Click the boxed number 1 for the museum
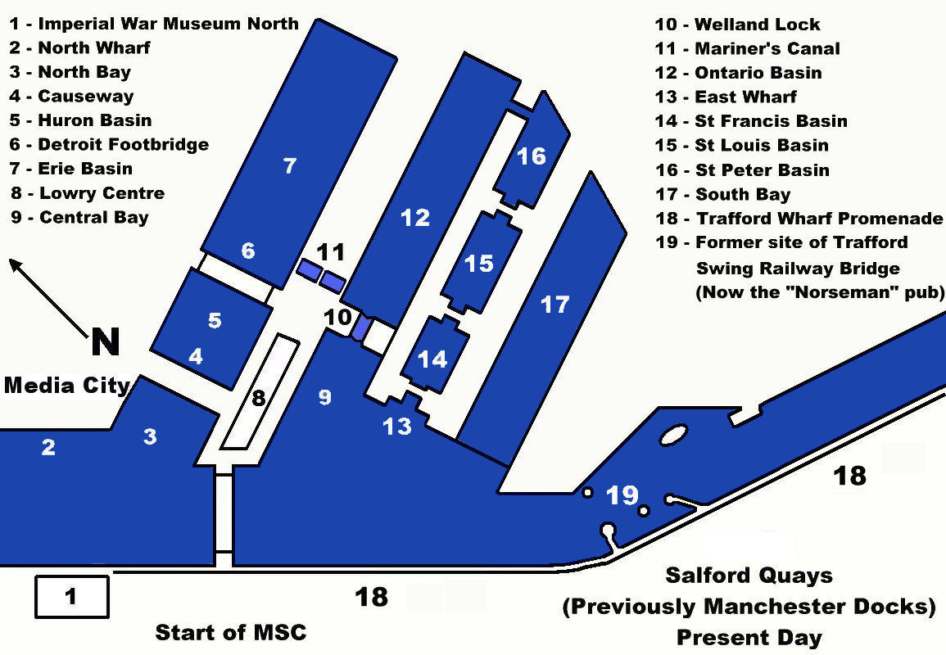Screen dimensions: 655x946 [70, 597]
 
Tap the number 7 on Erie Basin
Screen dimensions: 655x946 [289, 165]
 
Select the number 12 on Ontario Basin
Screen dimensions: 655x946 [415, 217]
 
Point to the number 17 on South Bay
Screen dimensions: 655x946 [554, 305]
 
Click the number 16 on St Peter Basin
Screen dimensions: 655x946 [532, 156]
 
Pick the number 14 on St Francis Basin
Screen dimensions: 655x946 [432, 359]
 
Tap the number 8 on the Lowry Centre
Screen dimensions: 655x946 [258, 399]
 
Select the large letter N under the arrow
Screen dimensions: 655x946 [105, 341]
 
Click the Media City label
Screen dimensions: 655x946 [67, 385]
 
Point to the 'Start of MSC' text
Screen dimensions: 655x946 [230, 632]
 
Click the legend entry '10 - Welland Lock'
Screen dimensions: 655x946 [737, 25]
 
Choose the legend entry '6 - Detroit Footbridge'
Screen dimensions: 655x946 [109, 145]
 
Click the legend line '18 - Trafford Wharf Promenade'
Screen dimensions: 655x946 [799, 219]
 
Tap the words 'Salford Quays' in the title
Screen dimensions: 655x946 [749, 575]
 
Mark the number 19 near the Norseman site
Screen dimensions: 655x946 [622, 495]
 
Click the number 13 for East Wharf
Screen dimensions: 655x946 [397, 426]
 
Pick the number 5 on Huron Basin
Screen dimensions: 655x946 [215, 320]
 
